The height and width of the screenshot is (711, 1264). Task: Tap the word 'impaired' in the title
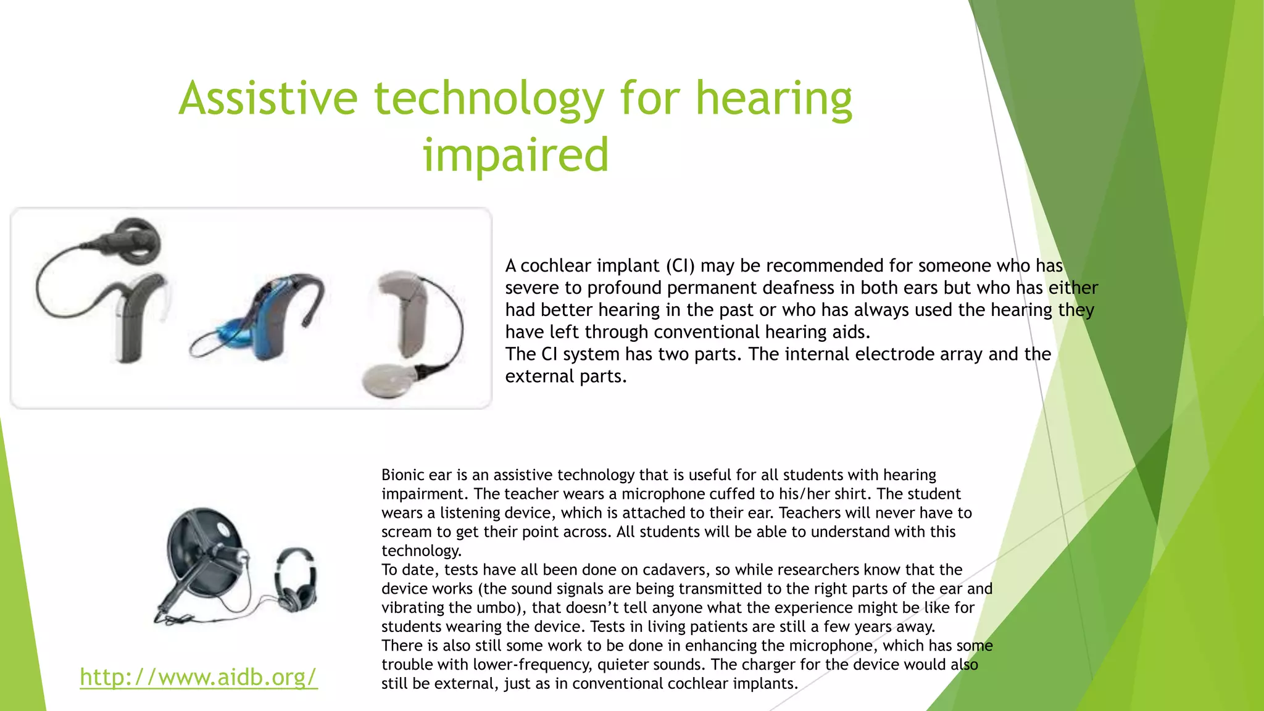pyautogui.click(x=515, y=155)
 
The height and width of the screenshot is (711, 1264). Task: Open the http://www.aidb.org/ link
pyautogui.click(x=199, y=677)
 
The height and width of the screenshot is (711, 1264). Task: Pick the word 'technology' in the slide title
pyautogui.click(x=489, y=99)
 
